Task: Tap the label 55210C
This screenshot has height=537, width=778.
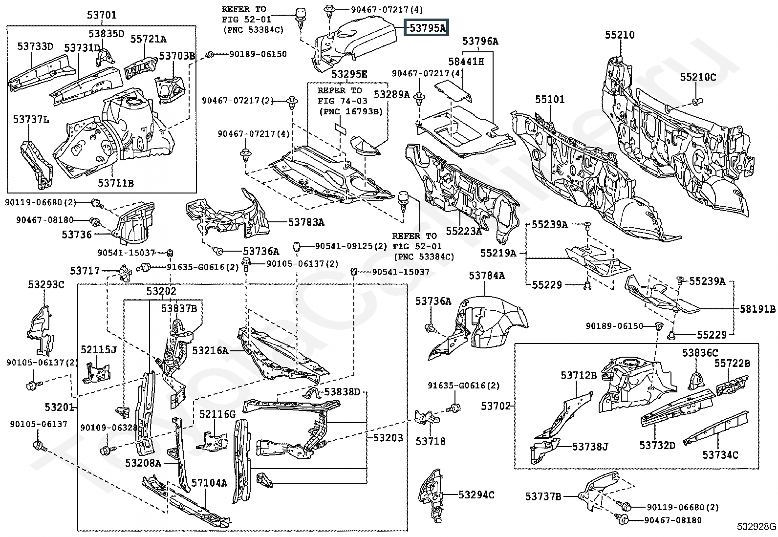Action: point(698,77)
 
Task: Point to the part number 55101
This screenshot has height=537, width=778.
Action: point(549,100)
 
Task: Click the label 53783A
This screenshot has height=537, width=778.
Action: point(306,222)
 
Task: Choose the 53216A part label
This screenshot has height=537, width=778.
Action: point(210,350)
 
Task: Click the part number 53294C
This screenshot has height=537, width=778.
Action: point(476,495)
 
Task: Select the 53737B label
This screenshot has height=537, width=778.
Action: point(543,496)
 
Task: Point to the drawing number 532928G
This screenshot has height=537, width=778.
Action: point(756,527)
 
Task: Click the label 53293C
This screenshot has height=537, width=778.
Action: point(45,285)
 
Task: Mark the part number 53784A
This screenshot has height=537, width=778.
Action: point(487,276)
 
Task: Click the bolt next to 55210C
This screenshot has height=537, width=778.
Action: point(696,102)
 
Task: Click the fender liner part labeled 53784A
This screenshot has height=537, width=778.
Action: point(494,322)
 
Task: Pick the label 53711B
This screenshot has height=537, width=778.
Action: point(115,183)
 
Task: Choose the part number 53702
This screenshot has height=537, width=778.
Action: point(496,406)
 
